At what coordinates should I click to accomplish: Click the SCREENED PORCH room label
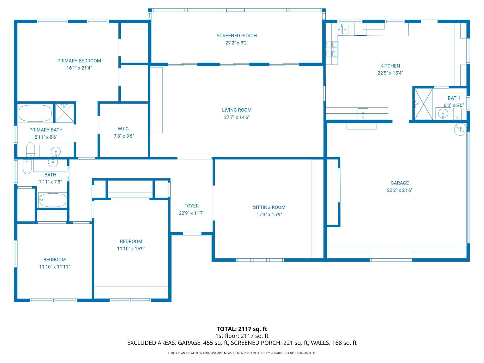[x=236, y=36]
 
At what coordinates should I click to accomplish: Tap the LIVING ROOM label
[x=236, y=110]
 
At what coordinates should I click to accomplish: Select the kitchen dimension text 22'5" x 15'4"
[x=390, y=73]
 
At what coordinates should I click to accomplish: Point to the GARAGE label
[x=400, y=183]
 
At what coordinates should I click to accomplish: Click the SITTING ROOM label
[x=269, y=207]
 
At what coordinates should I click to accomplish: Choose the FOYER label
[x=191, y=206]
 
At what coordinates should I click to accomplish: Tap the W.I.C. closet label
[x=124, y=129]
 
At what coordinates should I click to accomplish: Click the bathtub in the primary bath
[x=35, y=113]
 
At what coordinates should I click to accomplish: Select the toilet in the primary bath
[x=31, y=149]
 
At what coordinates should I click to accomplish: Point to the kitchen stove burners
[x=332, y=49]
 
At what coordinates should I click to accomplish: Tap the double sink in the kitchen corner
[x=342, y=29]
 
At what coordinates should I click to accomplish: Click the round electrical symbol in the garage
[x=460, y=129]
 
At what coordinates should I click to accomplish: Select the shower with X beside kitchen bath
[x=423, y=104]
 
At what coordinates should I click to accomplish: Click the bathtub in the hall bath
[x=52, y=200]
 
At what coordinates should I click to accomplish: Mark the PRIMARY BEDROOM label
[x=79, y=61]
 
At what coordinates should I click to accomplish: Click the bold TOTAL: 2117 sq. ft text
[x=242, y=329]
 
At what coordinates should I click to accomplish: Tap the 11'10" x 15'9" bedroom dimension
[x=131, y=249]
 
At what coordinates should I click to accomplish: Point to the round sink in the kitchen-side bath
[x=443, y=114]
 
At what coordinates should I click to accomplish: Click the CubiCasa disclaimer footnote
[x=242, y=353]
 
